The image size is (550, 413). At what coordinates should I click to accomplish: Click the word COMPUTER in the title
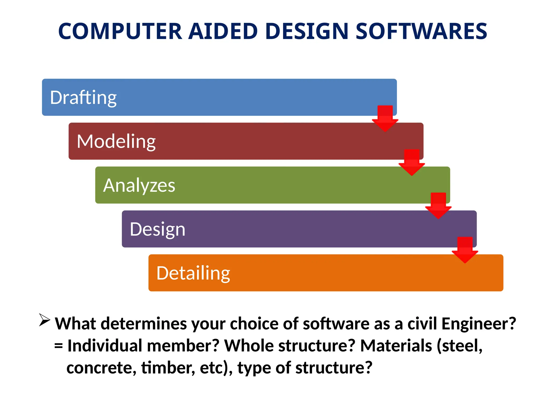coord(120,31)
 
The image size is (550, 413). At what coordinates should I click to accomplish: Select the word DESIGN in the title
coord(306,31)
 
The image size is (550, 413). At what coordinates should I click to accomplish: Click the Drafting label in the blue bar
coord(83,98)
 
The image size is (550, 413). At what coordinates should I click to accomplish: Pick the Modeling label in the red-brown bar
coord(116,141)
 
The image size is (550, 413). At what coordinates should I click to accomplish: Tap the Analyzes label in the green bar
coord(139,185)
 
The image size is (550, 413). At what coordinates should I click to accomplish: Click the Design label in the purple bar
coord(157,229)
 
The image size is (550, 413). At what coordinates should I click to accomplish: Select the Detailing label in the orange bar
coord(193,273)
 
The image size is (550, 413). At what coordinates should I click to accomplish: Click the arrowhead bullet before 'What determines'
coord(44,320)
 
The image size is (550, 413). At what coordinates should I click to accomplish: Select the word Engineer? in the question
coord(479,323)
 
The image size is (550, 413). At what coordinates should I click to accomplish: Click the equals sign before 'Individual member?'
coord(59,346)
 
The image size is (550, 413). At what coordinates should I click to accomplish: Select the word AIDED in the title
coord(223,31)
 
